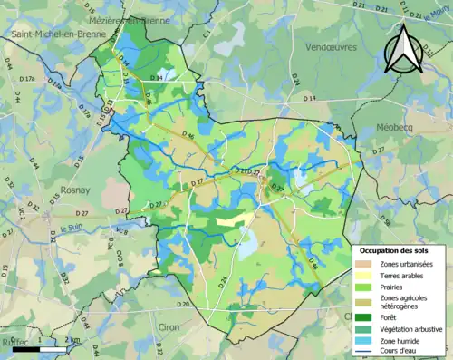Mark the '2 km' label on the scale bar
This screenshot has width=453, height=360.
(73, 340)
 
